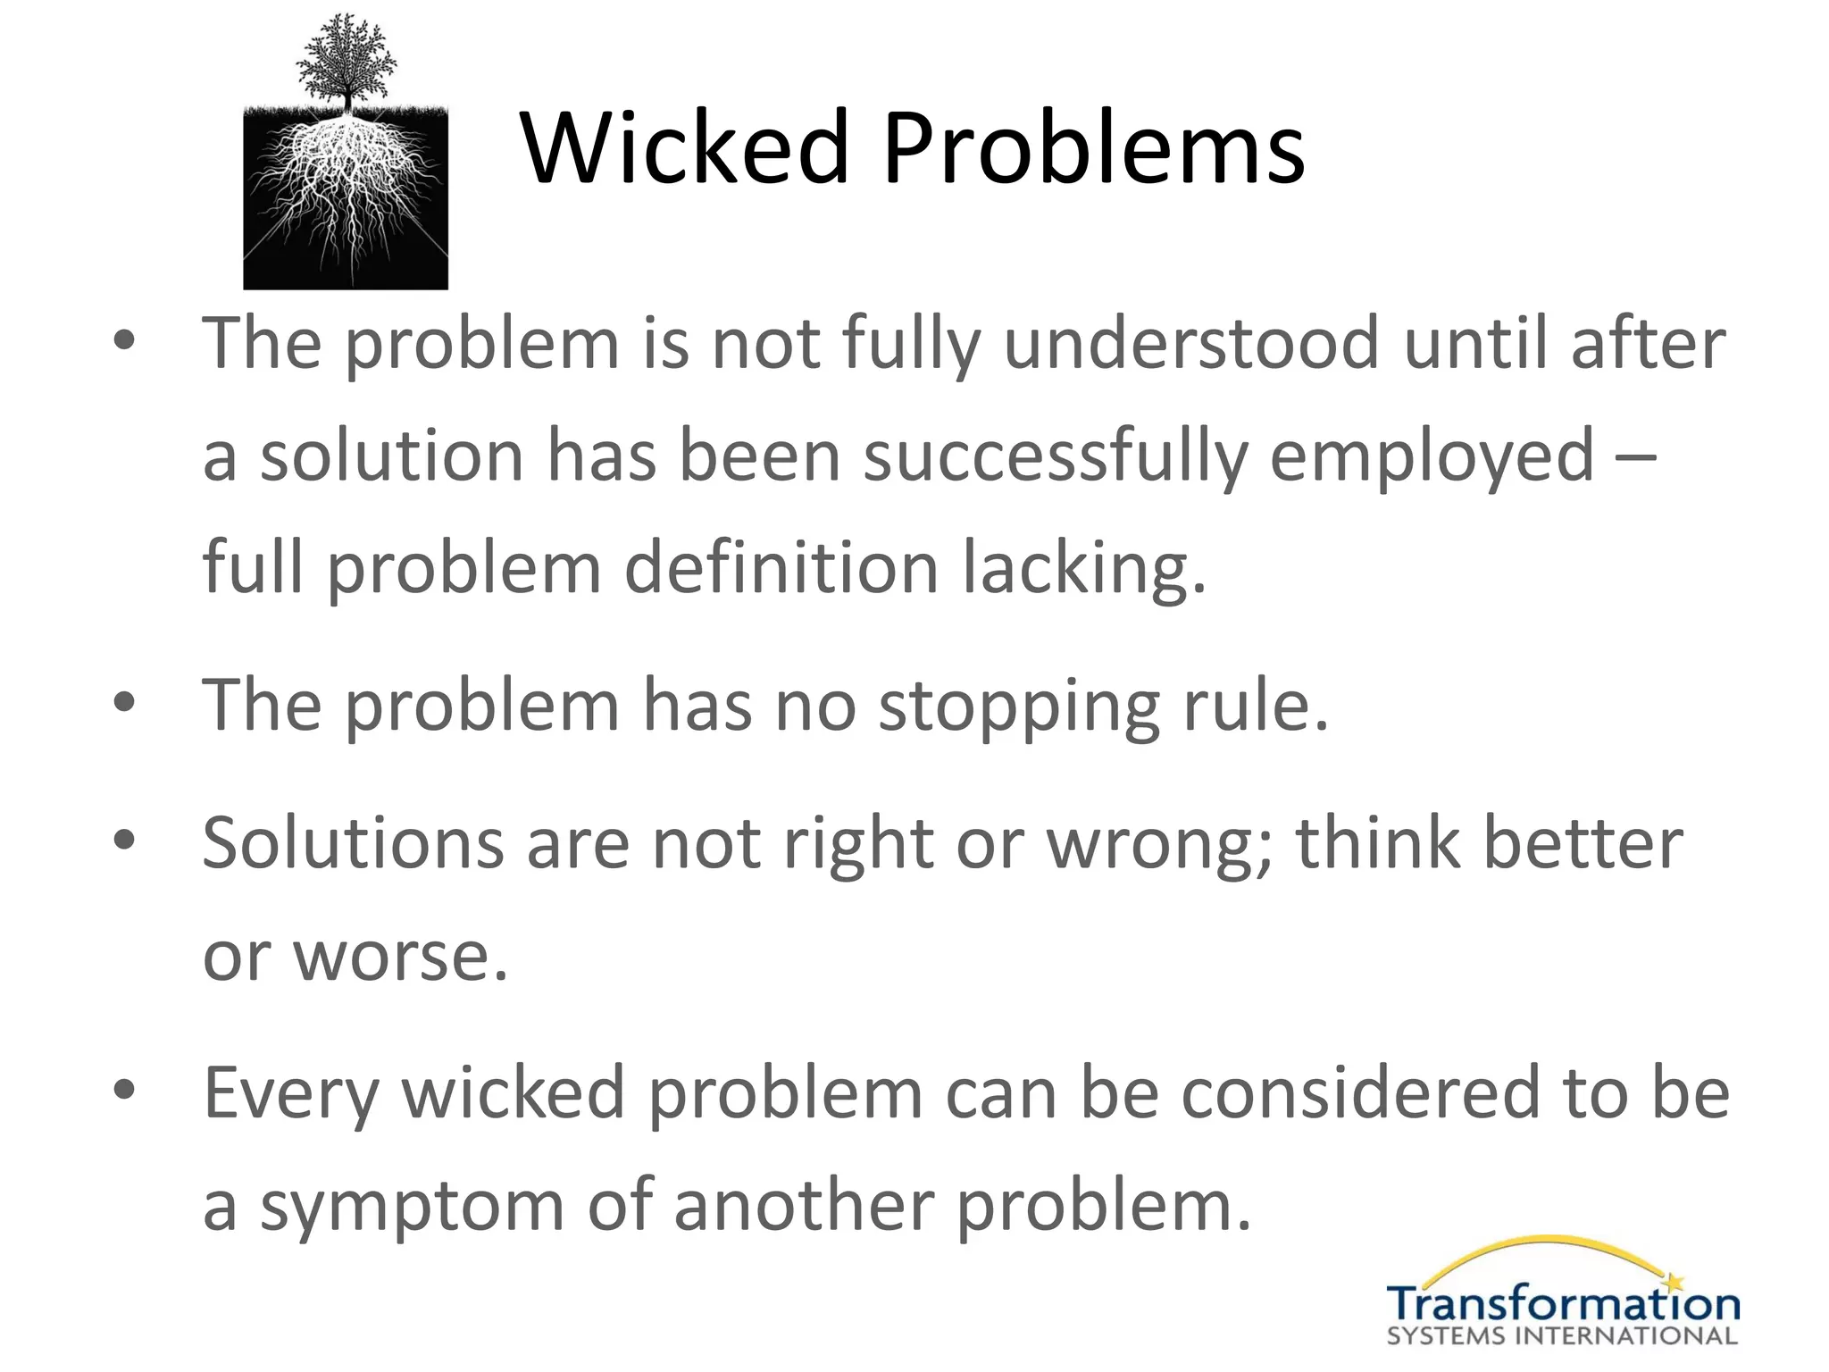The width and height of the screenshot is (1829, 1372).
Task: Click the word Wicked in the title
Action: [684, 147]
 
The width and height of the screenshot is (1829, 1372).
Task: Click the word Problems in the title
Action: [1093, 147]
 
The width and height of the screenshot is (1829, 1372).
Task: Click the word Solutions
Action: [353, 843]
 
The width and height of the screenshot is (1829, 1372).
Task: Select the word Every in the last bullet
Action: [291, 1095]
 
